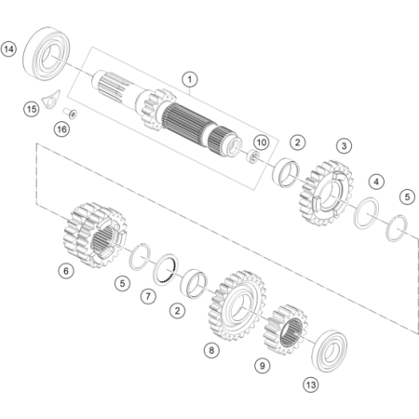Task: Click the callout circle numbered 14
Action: [8, 49]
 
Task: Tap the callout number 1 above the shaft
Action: [190, 79]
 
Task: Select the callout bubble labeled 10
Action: [262, 142]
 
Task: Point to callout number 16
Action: [61, 129]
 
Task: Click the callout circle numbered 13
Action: [311, 385]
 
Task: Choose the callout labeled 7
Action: [148, 296]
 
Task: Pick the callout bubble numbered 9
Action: [263, 366]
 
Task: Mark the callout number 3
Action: [344, 145]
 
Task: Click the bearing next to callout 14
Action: [47, 53]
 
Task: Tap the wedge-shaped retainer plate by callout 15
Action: [51, 100]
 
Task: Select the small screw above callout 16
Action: [70, 114]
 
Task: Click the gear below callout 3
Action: [327, 194]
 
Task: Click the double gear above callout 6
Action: [95, 236]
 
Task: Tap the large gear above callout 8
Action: [238, 305]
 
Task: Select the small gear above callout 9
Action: [286, 330]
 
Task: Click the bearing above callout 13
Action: [330, 351]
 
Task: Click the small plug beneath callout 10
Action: [253, 156]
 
